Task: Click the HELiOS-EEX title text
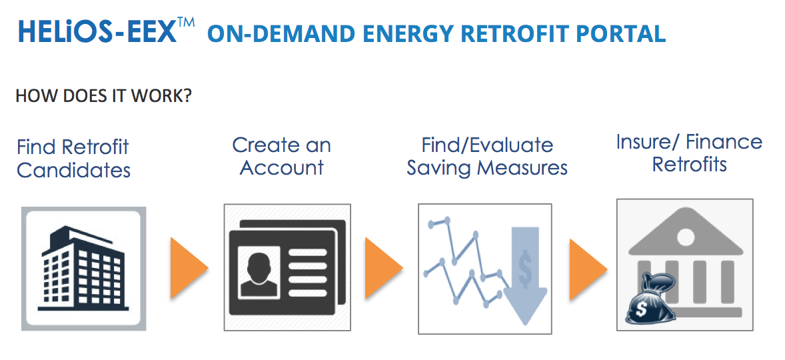pos(97,32)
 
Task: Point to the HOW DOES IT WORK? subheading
pos(103,96)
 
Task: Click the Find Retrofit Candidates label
pos(73,159)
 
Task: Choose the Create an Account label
pos(281,156)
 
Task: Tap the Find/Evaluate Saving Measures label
pos(487,156)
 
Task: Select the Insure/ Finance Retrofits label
pos(689,153)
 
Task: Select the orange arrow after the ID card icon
pos(383,267)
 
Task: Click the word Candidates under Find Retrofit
pos(73,171)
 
